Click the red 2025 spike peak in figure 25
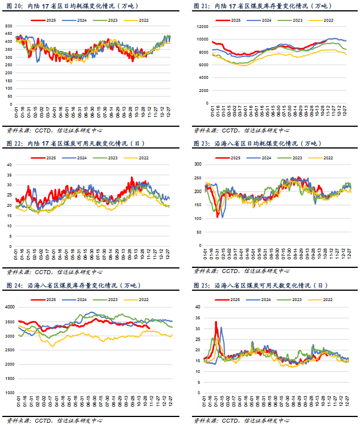pyautogui.click(x=216, y=322)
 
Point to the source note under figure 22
pyautogui.click(x=46, y=272)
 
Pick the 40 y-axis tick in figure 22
pyautogui.click(x=10, y=165)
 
